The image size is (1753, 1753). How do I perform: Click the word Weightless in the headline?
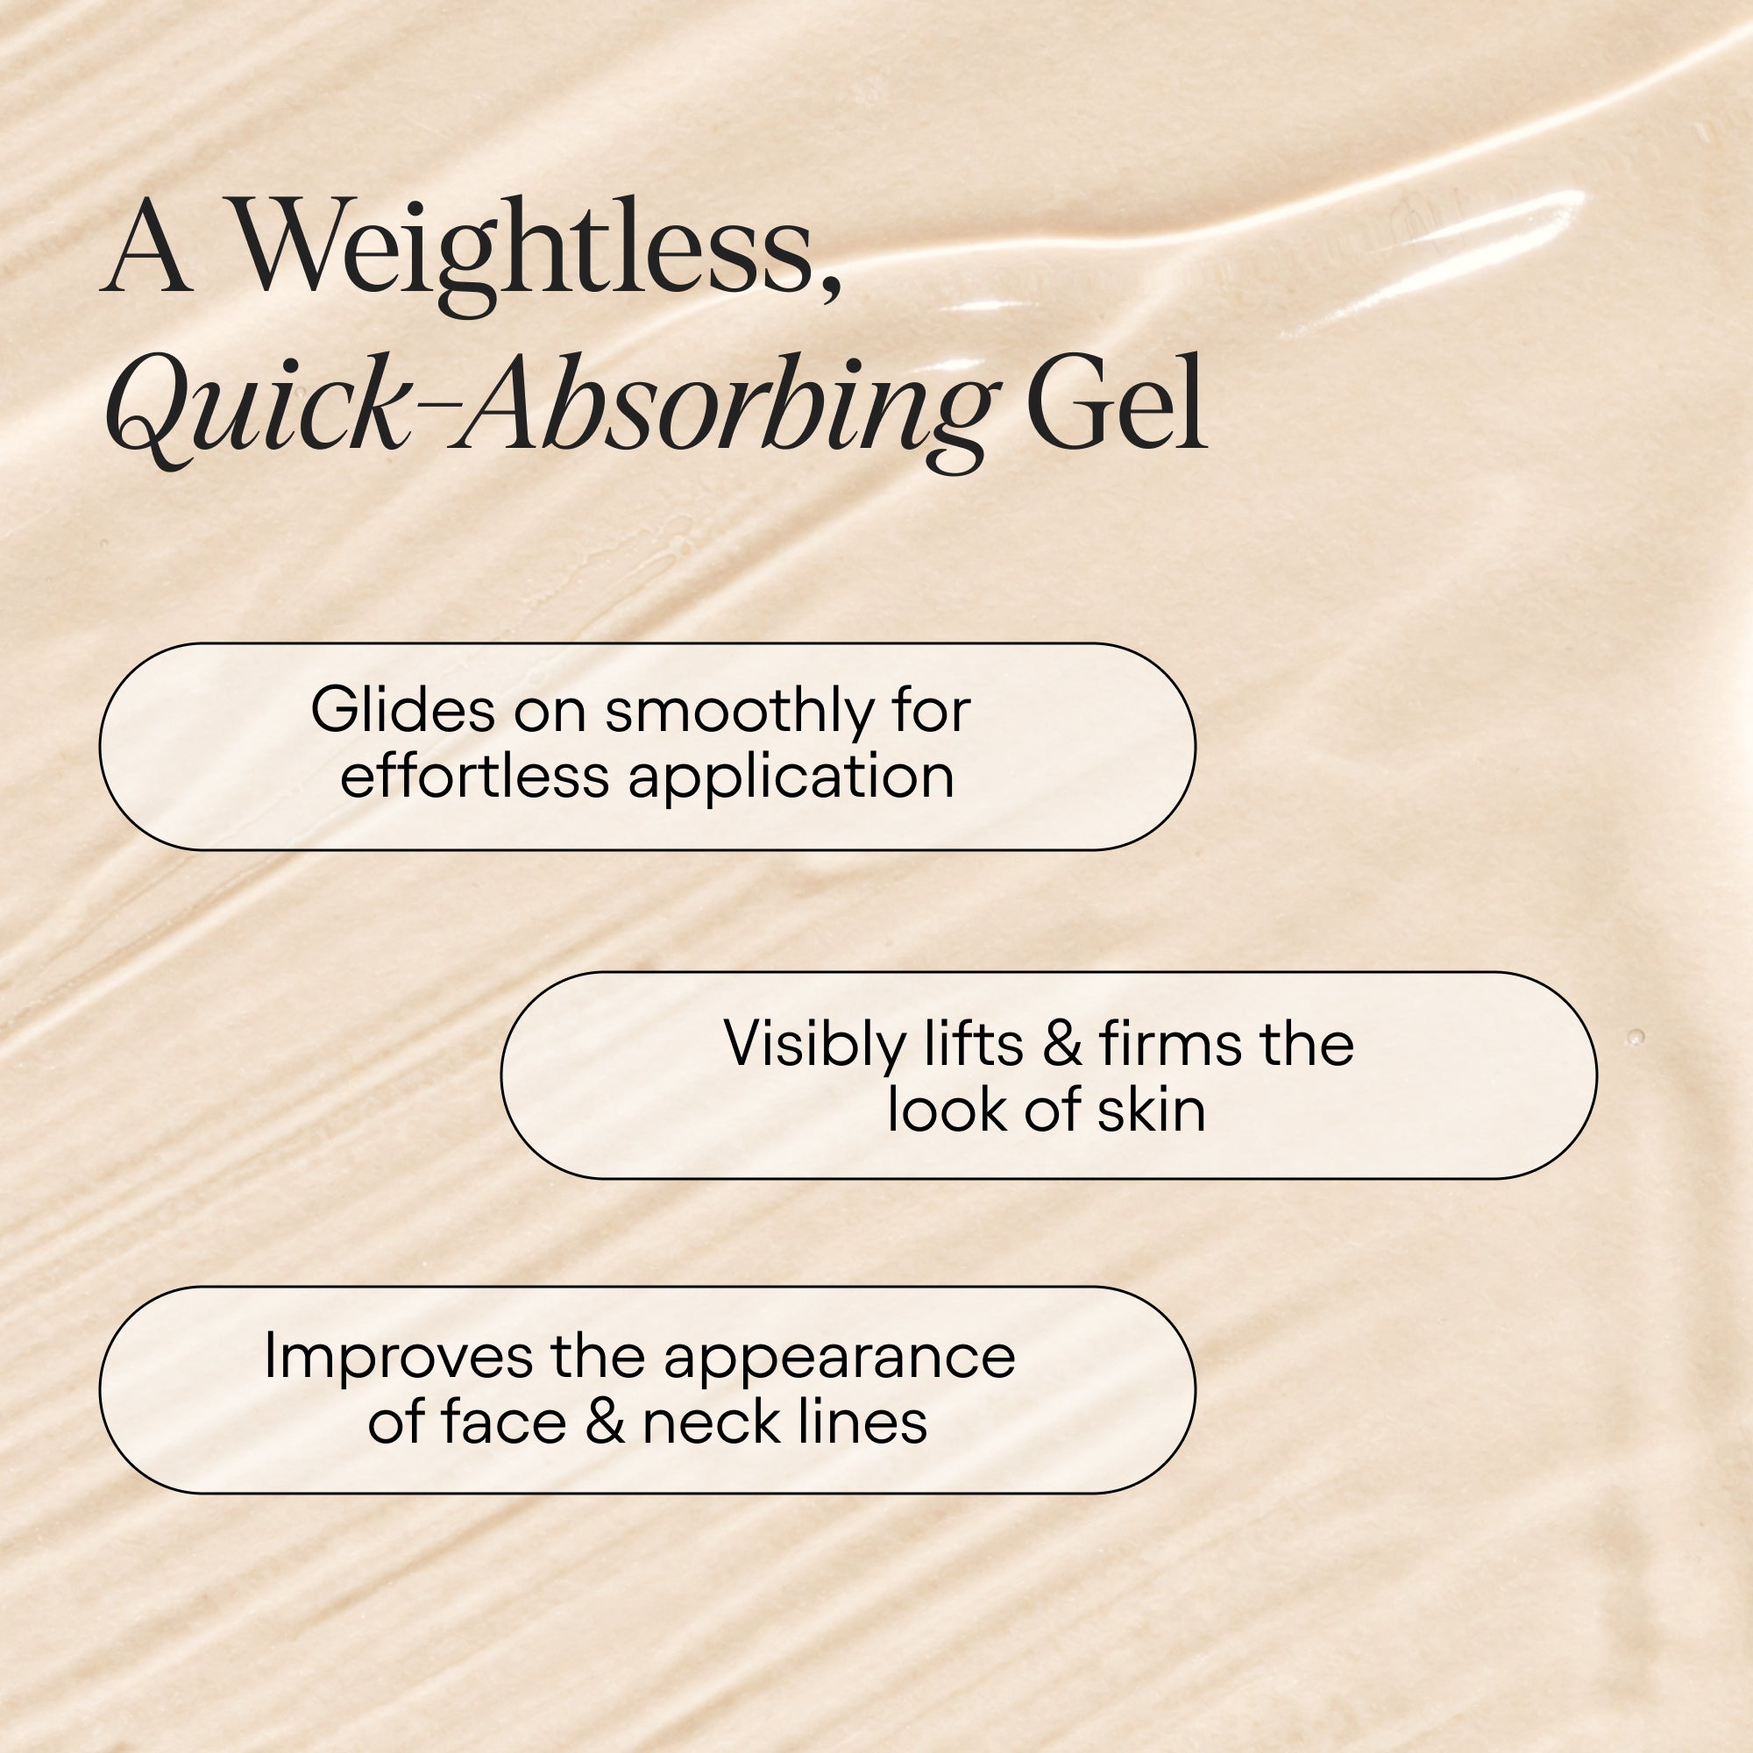[x=522, y=250]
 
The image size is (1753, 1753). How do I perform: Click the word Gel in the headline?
[x=1116, y=404]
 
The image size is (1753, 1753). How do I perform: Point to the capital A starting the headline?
[x=147, y=250]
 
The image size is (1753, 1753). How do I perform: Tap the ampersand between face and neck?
[x=604, y=1423]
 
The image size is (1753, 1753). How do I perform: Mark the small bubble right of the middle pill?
[x=1636, y=1037]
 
